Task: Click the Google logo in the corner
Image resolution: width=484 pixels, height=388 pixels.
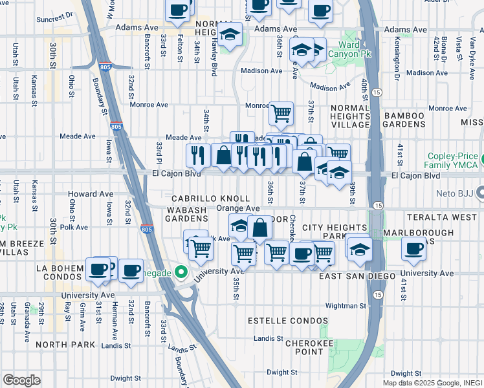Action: (21, 380)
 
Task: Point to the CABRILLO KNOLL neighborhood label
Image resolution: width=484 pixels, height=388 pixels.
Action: (210, 199)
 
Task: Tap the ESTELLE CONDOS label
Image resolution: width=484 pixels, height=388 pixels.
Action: (281, 320)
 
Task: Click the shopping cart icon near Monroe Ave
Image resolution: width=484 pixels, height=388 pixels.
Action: (281, 114)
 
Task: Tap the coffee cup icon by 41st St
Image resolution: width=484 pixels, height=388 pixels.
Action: (413, 249)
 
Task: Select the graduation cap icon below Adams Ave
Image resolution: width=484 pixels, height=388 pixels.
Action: (229, 34)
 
